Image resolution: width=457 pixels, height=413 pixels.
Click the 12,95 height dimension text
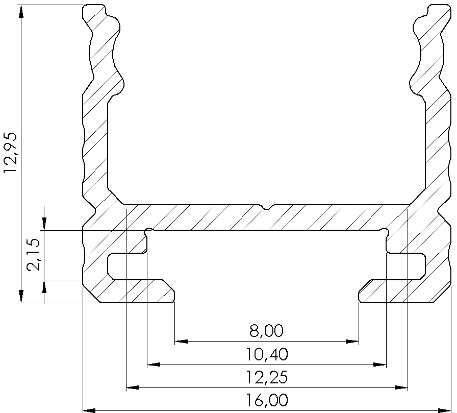point(11,153)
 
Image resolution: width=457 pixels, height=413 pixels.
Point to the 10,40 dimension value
point(266,354)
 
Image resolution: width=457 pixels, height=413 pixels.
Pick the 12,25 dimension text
point(266,378)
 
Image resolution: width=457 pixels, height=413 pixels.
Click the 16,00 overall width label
point(266,400)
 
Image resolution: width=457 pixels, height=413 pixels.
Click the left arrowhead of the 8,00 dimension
point(181,341)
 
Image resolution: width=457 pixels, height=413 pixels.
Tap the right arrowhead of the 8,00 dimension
point(352,341)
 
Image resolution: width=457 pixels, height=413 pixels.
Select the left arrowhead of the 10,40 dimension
point(154,365)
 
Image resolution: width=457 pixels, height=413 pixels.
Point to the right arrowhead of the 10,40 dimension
point(379,365)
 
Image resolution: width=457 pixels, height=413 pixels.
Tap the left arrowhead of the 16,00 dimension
point(89,409)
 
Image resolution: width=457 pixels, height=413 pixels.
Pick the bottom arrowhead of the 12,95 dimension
point(21,297)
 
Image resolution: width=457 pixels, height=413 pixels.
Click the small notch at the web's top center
point(267,207)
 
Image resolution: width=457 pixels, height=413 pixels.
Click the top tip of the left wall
point(95,7)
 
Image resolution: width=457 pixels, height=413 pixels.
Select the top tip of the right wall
point(438,7)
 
